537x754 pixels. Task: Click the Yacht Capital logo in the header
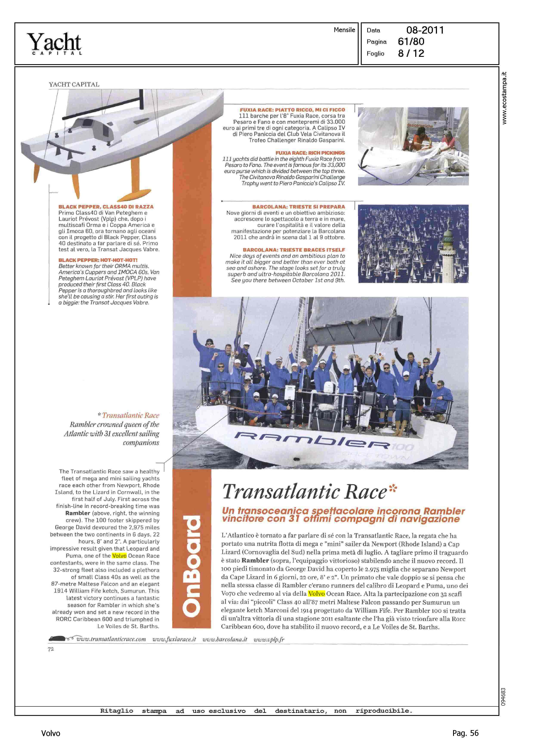tap(54, 43)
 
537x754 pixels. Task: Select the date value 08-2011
tap(425, 30)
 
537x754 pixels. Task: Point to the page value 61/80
tap(411, 42)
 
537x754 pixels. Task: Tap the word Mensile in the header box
tap(344, 30)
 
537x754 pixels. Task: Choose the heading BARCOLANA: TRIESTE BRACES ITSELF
tap(294, 250)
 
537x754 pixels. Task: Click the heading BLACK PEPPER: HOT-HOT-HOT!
tap(98, 260)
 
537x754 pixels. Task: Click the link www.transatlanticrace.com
tap(111, 639)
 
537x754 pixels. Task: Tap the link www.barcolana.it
tap(225, 639)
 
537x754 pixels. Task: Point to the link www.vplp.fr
tap(269, 639)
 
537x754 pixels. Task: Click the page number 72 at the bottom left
tap(51, 649)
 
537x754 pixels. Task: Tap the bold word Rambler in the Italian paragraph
tap(255, 560)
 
